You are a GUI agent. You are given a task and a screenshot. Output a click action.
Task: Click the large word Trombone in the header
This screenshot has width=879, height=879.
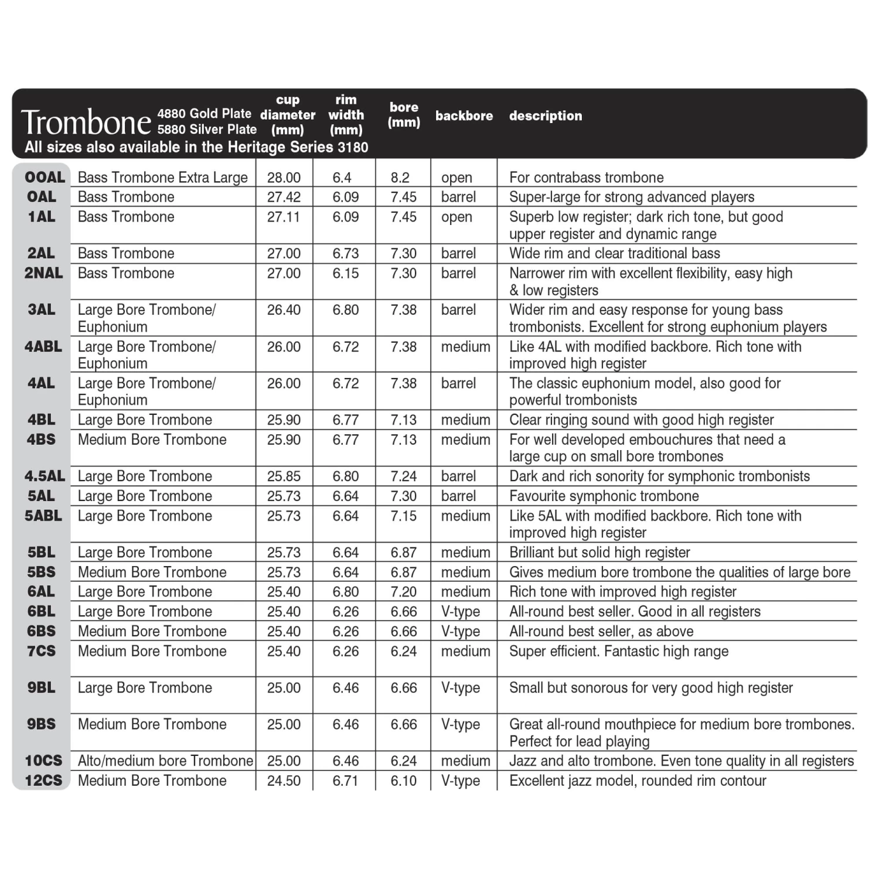click(86, 122)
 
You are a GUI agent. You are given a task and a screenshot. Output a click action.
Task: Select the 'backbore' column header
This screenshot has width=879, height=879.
click(464, 115)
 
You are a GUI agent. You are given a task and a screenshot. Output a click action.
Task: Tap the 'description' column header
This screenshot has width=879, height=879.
click(545, 115)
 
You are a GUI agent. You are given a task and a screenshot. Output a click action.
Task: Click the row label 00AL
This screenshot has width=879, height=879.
click(45, 177)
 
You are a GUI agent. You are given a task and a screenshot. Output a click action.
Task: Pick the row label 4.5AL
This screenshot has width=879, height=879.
click(45, 476)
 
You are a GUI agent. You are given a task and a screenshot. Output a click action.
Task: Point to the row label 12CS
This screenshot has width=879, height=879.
click(43, 781)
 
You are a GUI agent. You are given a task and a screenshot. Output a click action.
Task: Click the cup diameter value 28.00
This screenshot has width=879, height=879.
click(284, 178)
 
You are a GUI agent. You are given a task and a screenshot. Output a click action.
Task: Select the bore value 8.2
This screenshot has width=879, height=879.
click(400, 178)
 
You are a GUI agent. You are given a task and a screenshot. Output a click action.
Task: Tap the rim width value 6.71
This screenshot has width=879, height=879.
click(345, 781)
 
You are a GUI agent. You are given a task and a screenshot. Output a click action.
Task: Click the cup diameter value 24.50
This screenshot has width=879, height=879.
click(284, 781)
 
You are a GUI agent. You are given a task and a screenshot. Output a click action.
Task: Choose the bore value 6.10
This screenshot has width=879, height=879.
click(404, 781)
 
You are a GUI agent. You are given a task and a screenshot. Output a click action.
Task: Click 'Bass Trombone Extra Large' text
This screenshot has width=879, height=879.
click(163, 178)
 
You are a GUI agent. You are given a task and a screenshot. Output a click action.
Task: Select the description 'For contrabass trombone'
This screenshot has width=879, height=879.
click(586, 178)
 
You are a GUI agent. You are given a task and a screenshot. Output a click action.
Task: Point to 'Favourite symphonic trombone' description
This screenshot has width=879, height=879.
click(604, 496)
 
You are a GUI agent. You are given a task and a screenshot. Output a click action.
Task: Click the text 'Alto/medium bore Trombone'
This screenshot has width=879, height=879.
click(165, 761)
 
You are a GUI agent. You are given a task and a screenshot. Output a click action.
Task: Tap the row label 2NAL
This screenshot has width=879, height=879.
click(43, 273)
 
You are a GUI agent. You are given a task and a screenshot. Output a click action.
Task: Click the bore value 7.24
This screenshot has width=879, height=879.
click(404, 476)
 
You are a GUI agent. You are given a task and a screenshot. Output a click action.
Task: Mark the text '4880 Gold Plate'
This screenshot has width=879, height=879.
click(204, 114)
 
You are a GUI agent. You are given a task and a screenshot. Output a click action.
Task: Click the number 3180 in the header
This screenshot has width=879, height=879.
click(353, 147)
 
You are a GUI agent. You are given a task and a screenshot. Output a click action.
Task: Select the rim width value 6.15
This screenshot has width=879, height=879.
click(345, 273)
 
